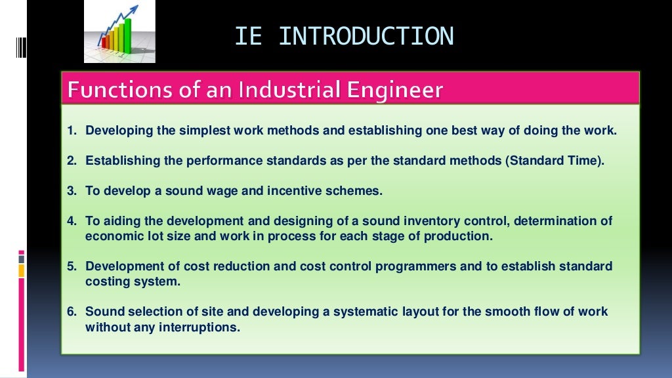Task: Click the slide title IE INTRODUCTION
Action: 344,36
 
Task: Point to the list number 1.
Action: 72,131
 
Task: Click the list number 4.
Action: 72,221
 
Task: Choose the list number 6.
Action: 72,312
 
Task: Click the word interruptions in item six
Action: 198,327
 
